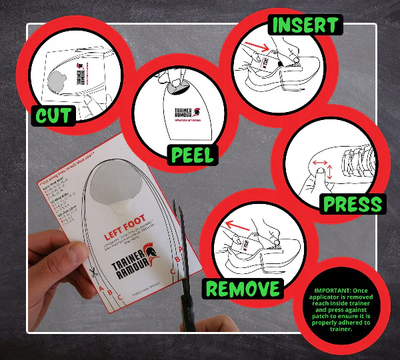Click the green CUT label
coord(54,115)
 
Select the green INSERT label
coord(304,25)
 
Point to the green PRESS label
coord(352,203)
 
